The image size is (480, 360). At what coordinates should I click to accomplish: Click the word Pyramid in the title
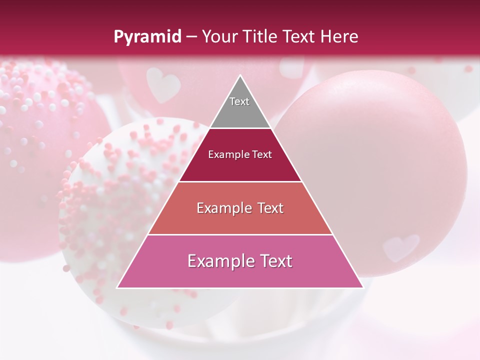pos(147,37)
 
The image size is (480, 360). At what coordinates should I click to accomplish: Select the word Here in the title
pos(339,37)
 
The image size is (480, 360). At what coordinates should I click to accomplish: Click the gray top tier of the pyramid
pos(240,112)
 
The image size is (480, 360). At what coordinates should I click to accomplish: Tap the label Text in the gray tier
pos(239,101)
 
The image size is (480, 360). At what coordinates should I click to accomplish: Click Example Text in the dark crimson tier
pos(240,154)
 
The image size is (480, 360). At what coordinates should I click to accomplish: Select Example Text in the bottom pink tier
pos(240,261)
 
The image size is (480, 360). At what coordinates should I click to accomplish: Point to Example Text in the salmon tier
pos(240,208)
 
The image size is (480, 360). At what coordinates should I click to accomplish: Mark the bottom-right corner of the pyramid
pos(362,287)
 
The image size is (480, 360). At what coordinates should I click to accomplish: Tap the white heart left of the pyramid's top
pos(163,83)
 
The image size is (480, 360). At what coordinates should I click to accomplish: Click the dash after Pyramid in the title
pos(191,37)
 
